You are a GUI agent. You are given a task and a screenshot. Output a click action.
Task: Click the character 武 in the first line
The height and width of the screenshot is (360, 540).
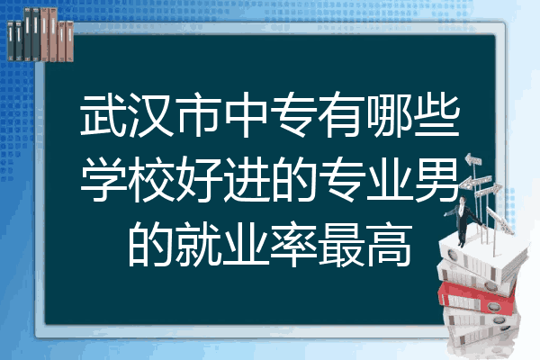[103, 115]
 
